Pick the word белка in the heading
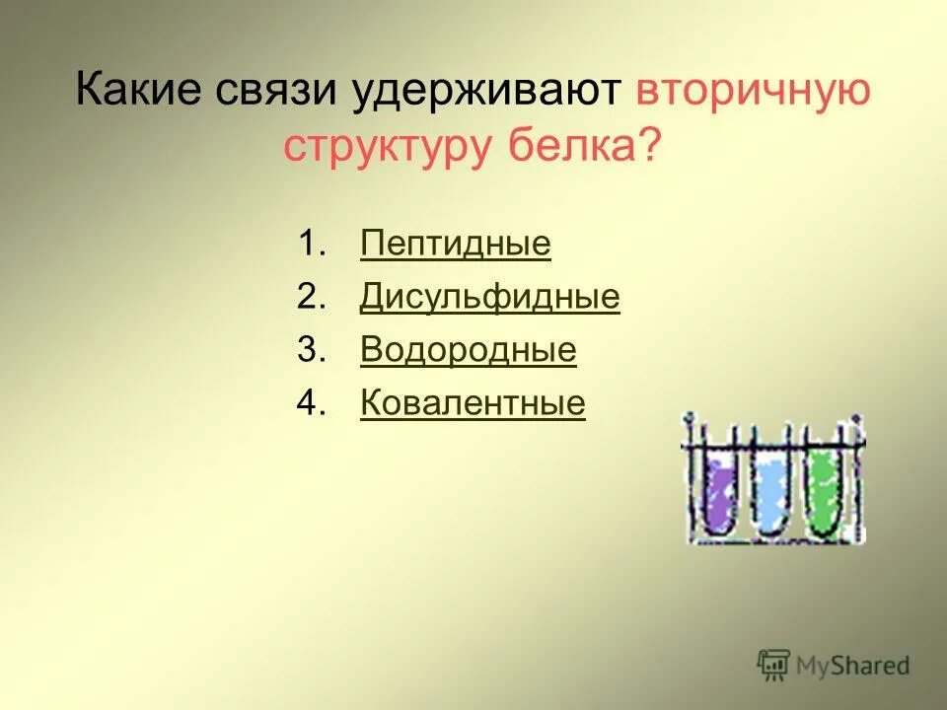coord(574,146)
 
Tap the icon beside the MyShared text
coord(774,666)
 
